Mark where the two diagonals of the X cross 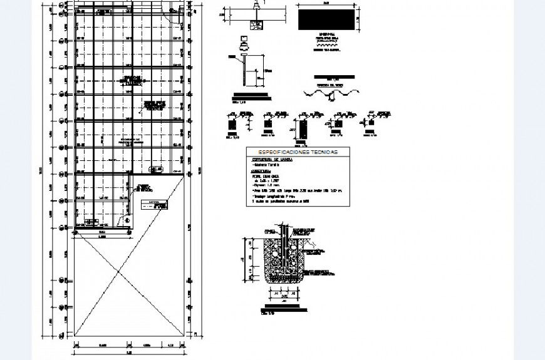(x=118, y=270)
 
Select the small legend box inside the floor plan (x=155, y=203)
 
